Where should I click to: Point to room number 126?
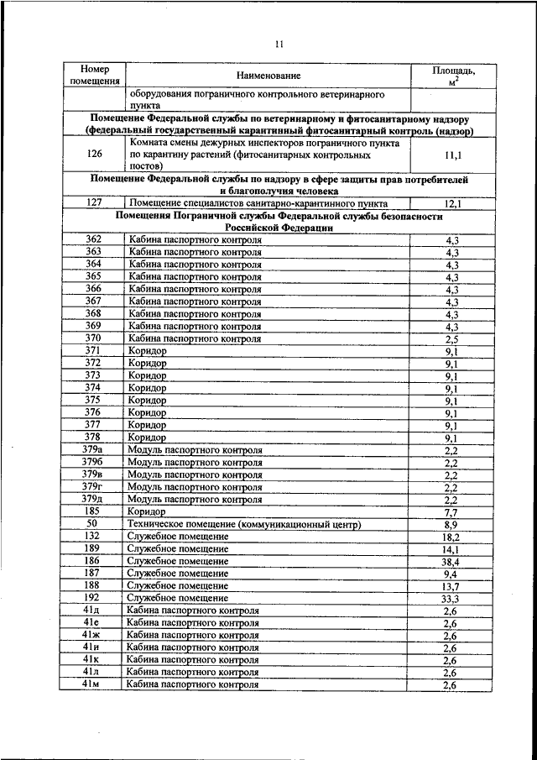pos(94,155)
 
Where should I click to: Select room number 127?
pos(94,202)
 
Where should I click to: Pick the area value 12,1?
pos(453,203)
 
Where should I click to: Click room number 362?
pos(94,239)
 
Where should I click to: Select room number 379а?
pos(94,449)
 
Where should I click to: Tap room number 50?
pos(94,523)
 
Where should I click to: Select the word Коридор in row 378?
pos(147,438)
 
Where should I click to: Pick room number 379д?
pos(94,499)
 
